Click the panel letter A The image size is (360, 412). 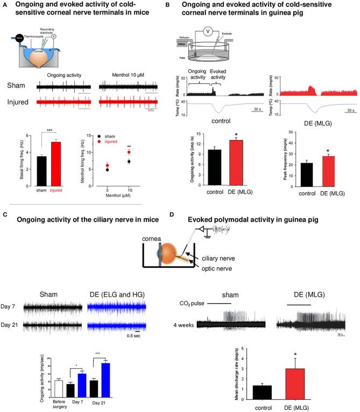4,5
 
